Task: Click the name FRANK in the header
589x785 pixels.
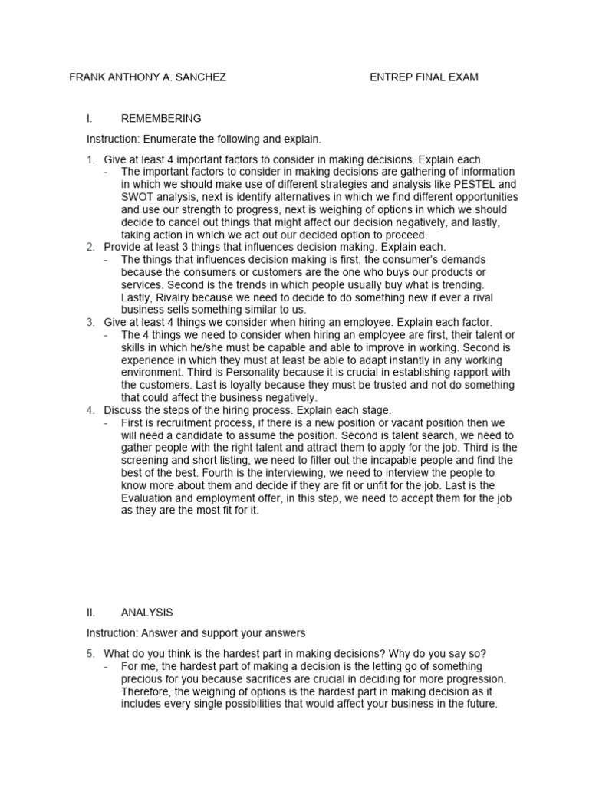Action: (x=87, y=77)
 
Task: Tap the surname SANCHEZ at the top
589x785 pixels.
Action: (x=201, y=77)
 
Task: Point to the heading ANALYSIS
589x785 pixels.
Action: (x=146, y=613)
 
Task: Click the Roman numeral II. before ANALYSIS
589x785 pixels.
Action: (x=91, y=613)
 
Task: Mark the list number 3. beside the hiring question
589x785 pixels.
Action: (x=90, y=323)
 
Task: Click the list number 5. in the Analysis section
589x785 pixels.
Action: (x=90, y=653)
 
